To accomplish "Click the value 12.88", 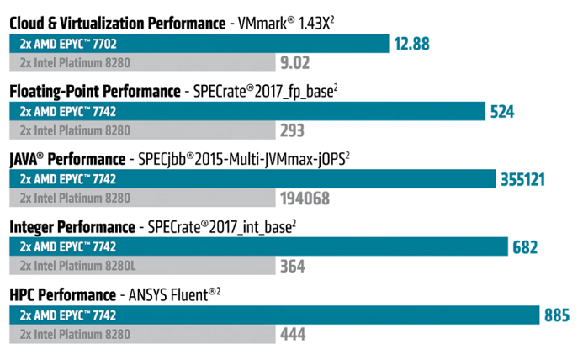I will coord(411,43).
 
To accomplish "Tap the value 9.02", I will coord(294,61).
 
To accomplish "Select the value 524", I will coord(502,111).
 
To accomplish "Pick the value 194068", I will coord(304,199).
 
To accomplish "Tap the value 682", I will coord(525,247).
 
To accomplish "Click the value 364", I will coord(292,266).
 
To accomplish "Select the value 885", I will coord(556,315).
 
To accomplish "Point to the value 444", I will coord(292,335).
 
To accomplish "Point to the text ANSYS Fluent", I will coord(172,295).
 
